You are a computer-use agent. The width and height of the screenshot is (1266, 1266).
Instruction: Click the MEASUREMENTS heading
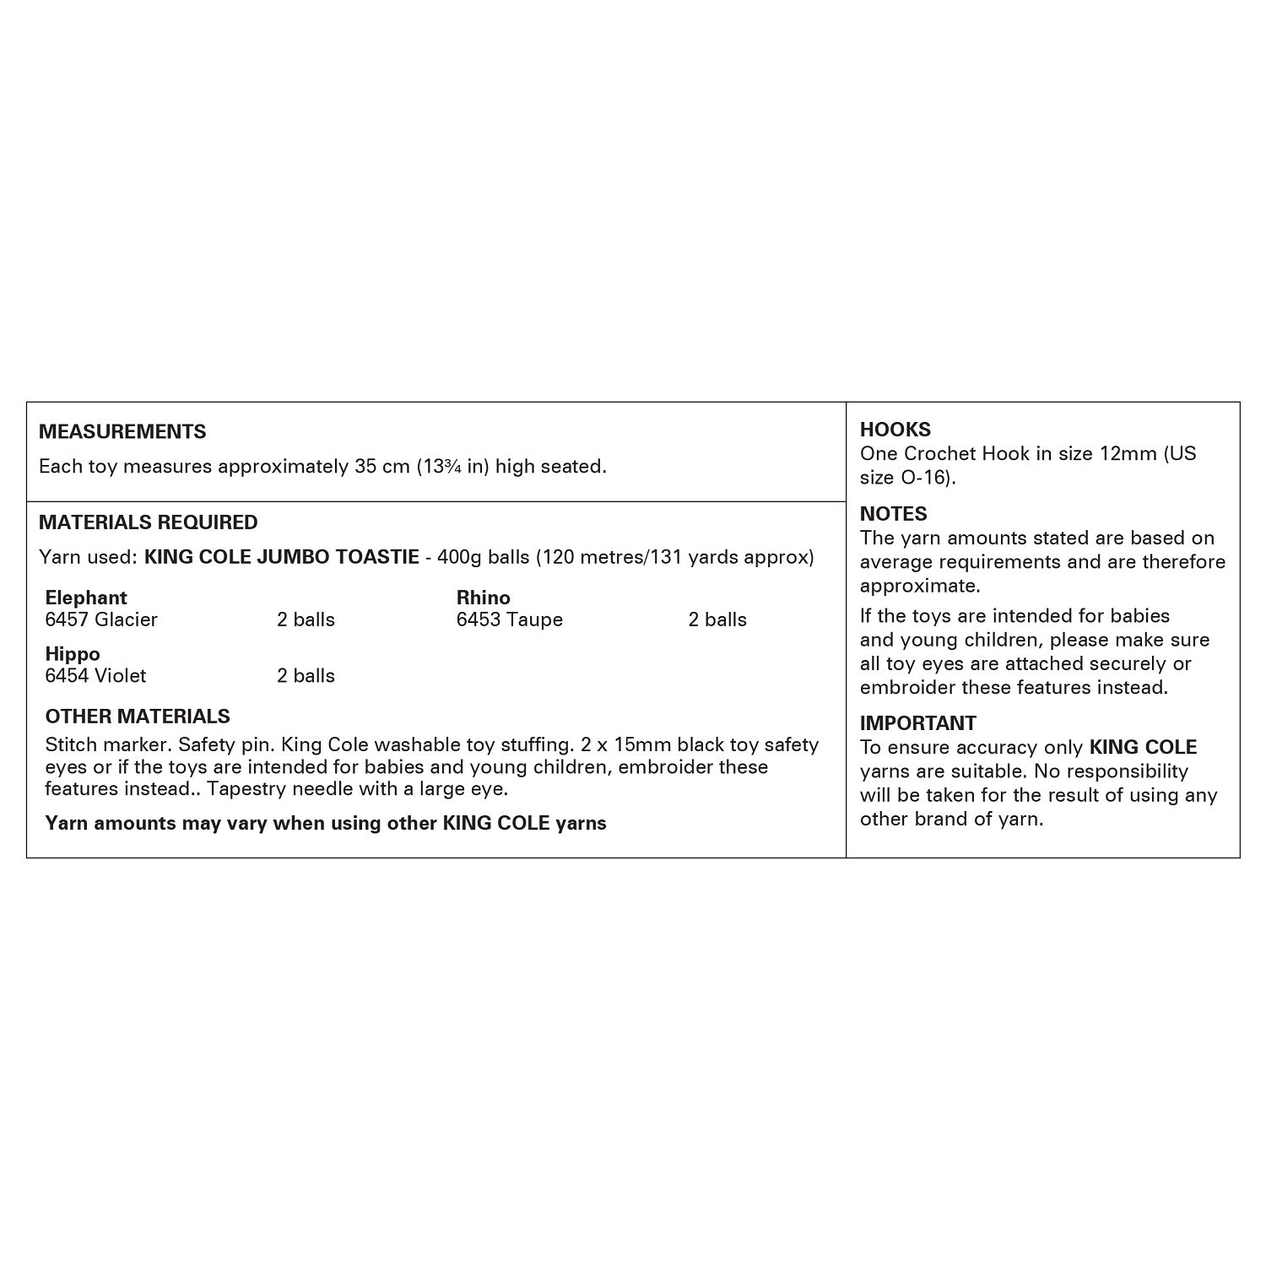[x=122, y=431]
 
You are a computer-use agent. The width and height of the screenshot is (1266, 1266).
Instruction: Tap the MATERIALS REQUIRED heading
[x=148, y=522]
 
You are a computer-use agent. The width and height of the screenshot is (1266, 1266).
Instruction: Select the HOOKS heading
[x=895, y=429]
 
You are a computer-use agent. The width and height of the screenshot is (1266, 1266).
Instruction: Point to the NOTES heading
[x=893, y=513]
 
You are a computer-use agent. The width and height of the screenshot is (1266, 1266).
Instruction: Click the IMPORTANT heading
[x=917, y=722]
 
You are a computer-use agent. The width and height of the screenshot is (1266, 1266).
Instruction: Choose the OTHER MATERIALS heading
[x=138, y=716]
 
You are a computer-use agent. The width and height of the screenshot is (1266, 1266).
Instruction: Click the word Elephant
[x=86, y=598]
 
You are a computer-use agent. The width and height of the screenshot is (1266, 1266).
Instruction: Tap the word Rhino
[x=483, y=598]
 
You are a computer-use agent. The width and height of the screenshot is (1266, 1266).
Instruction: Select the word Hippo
[x=73, y=654]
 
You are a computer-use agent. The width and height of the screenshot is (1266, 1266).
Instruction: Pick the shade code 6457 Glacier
[x=101, y=619]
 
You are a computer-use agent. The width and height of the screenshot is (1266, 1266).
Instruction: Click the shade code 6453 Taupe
[x=510, y=619]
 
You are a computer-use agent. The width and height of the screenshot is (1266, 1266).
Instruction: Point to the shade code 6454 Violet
[x=95, y=676]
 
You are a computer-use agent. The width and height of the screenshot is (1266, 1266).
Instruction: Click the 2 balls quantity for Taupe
[x=717, y=619]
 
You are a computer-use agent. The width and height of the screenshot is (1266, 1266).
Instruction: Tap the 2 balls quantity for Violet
[x=306, y=676]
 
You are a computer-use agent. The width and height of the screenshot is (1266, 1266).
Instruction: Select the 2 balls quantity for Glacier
[x=306, y=619]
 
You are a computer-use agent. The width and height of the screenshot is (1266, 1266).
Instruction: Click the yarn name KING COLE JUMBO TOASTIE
[x=282, y=557]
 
